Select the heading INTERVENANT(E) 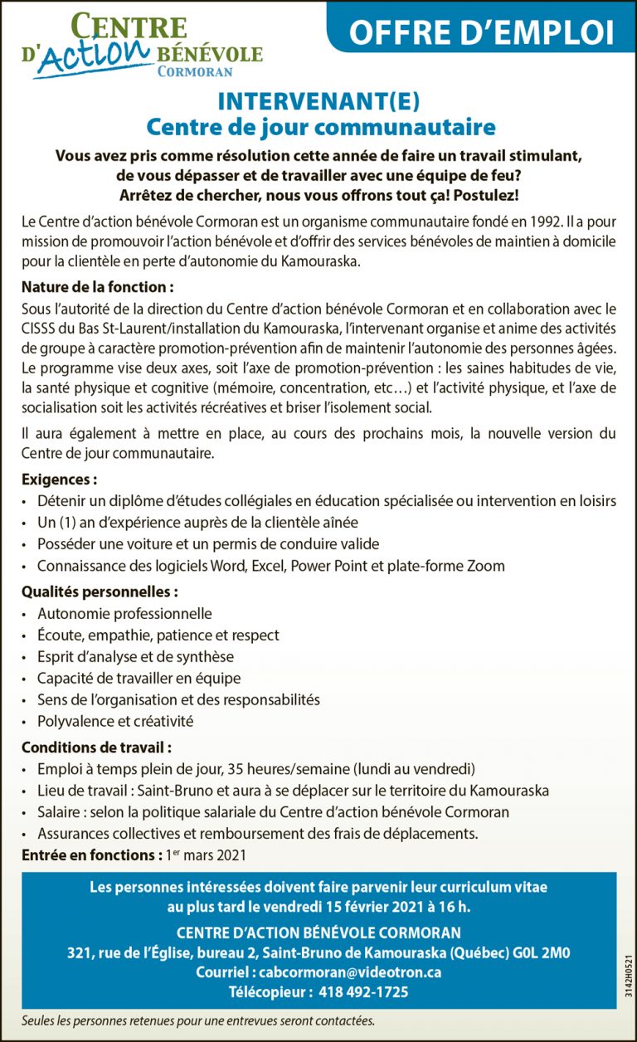click(x=318, y=102)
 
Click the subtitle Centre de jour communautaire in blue click(x=320, y=128)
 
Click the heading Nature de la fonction click(x=98, y=288)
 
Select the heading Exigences click(x=59, y=480)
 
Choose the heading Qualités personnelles click(x=100, y=592)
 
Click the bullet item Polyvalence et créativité click(x=115, y=721)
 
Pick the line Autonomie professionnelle click(x=124, y=614)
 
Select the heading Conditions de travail click(x=96, y=747)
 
